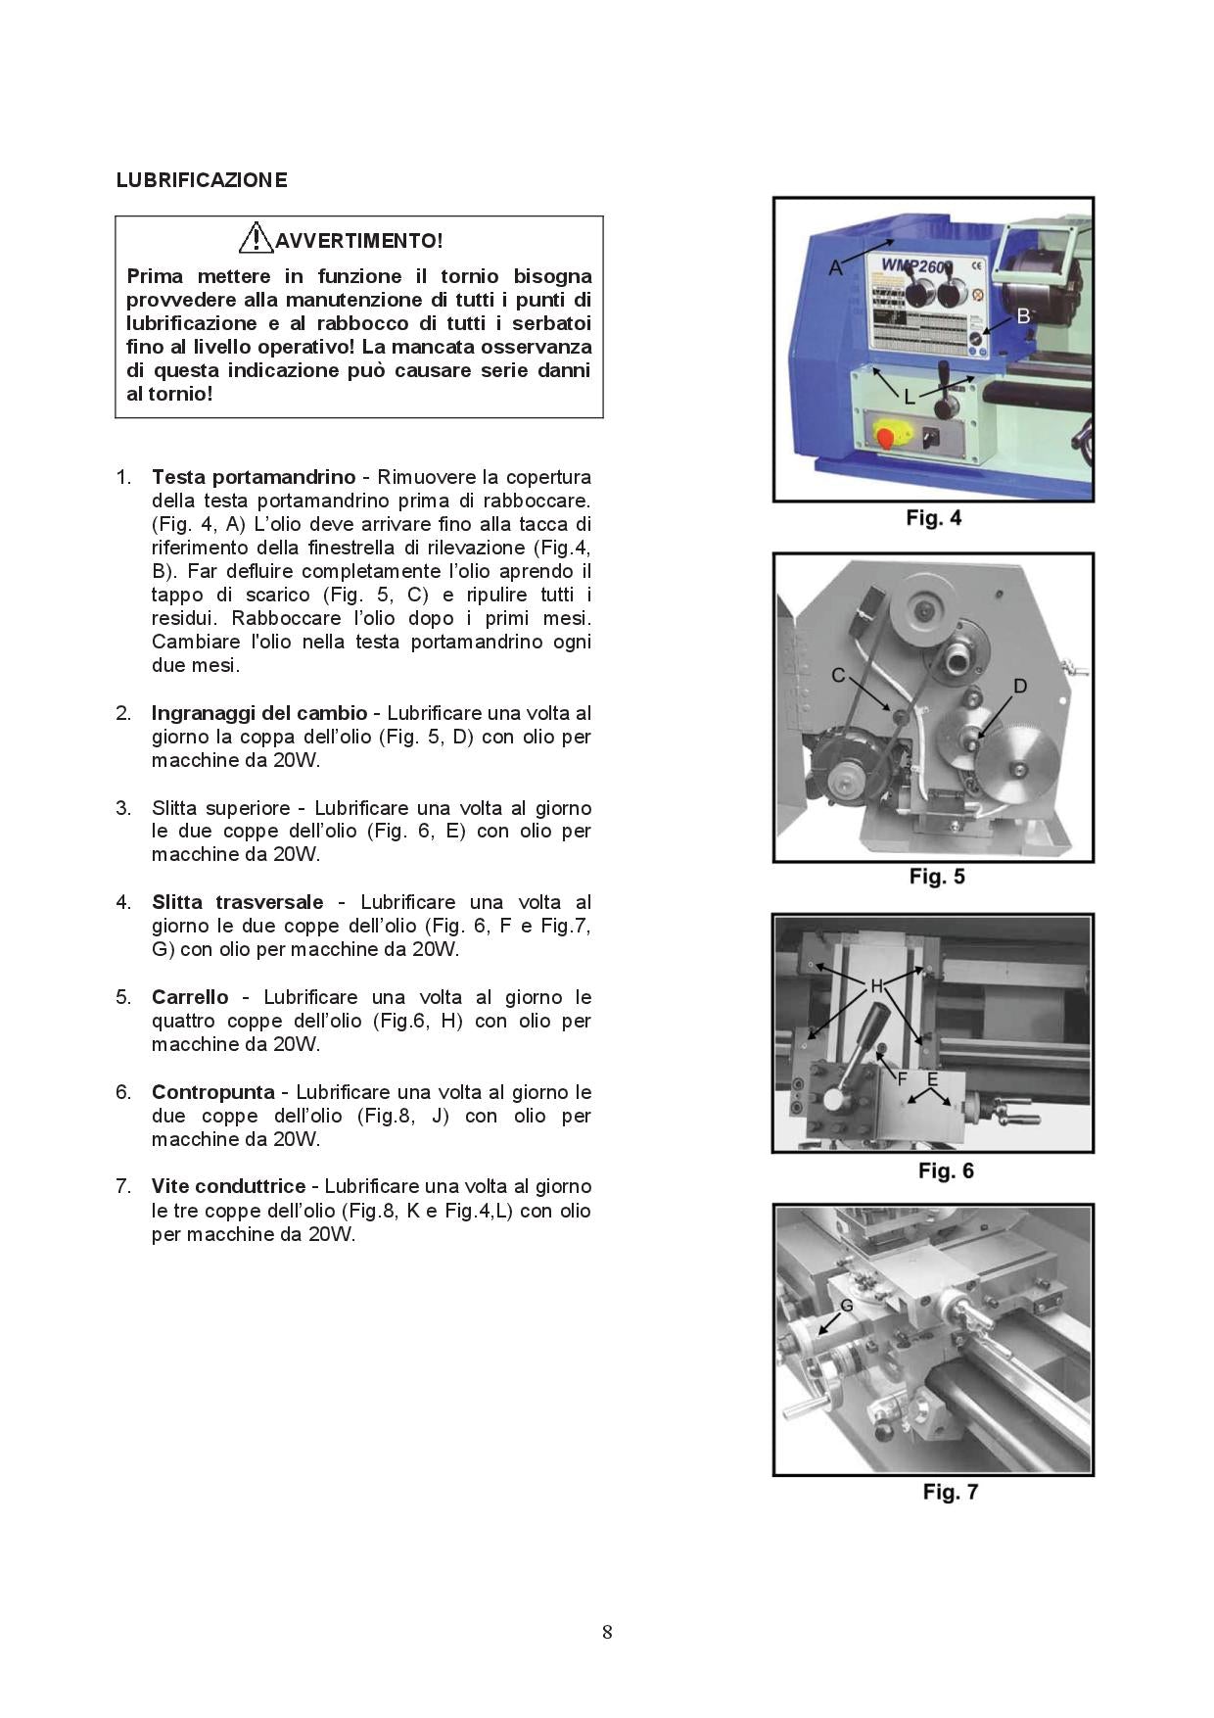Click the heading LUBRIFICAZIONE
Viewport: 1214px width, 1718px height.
click(x=202, y=180)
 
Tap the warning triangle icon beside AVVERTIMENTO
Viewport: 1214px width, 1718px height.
click(x=257, y=238)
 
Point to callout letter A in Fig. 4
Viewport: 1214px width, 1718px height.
click(x=835, y=267)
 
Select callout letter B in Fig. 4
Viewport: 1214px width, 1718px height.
click(x=1024, y=315)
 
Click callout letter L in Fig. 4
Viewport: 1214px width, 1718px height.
click(x=910, y=397)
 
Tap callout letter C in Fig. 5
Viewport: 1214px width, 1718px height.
click(x=838, y=675)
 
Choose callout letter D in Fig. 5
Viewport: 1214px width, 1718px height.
click(x=1020, y=686)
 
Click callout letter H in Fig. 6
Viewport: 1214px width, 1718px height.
click(x=876, y=985)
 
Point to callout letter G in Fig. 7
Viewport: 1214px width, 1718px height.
click(x=847, y=1306)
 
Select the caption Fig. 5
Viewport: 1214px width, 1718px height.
click(x=937, y=877)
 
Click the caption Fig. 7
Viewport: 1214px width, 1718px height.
click(x=950, y=1492)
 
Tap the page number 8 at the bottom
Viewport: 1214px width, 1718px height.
click(x=607, y=1632)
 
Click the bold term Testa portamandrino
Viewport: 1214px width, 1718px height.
click(x=254, y=477)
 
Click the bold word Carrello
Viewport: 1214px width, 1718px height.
click(x=190, y=997)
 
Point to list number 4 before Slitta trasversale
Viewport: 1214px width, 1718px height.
click(x=123, y=902)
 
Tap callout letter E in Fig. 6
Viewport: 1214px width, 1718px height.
click(x=933, y=1079)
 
